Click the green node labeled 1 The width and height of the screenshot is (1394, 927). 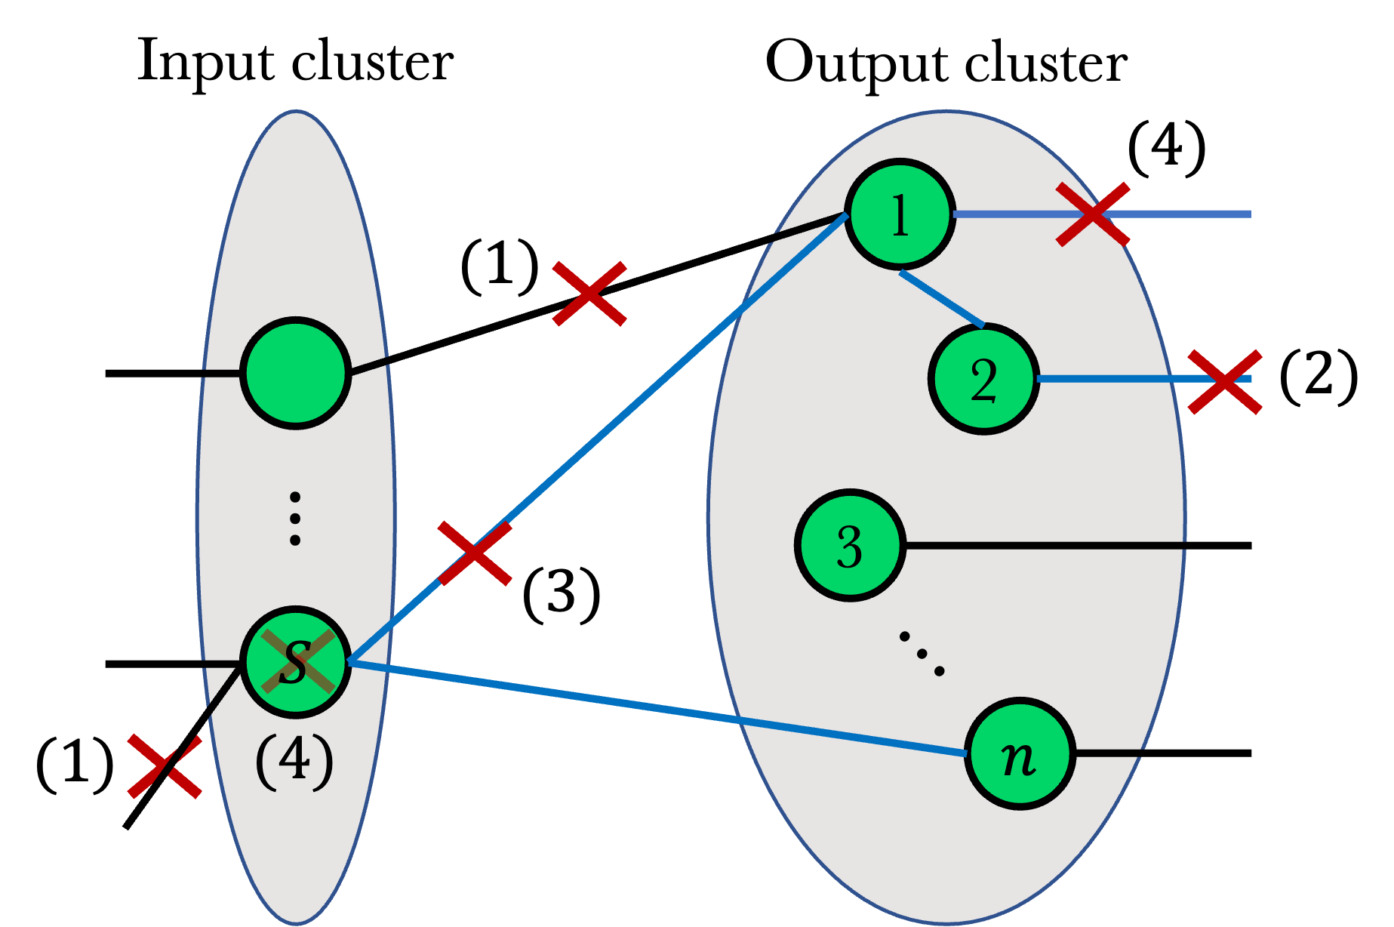point(900,214)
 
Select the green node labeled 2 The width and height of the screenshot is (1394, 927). point(983,379)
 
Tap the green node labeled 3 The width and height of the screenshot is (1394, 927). point(850,545)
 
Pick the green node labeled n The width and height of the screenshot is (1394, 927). point(1020,754)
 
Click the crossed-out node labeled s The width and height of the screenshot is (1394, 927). point(296,662)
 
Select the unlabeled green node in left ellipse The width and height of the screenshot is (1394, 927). point(296,373)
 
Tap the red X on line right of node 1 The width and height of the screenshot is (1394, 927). point(1092,214)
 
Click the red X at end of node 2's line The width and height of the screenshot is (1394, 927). point(1224,381)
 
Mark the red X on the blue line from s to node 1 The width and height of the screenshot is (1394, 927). point(475,553)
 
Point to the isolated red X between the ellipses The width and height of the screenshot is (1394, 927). point(589,294)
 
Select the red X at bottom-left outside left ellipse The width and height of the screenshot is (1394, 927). point(165,765)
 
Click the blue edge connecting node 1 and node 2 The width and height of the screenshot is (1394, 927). point(942,299)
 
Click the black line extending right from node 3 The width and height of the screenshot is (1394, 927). point(1045,544)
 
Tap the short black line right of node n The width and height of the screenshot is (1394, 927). point(1108,753)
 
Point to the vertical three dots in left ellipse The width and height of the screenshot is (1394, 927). point(295,519)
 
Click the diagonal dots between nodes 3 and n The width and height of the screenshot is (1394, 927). point(922,654)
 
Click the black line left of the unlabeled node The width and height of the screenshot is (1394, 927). point(221,374)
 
